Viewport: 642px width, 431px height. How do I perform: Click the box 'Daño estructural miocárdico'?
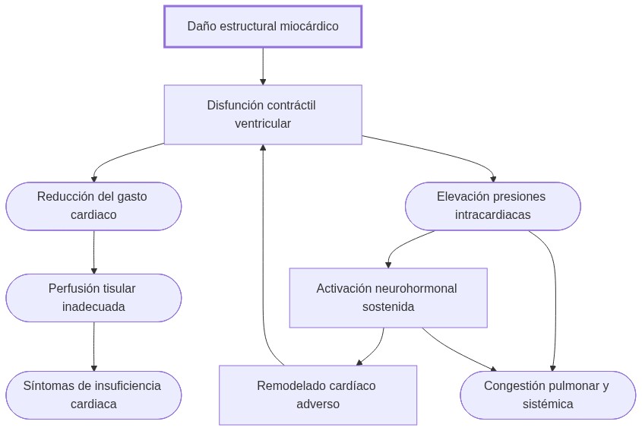[x=263, y=27]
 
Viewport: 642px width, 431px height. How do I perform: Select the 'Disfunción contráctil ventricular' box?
[x=263, y=114]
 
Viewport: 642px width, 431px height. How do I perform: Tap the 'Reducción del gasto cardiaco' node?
[x=93, y=206]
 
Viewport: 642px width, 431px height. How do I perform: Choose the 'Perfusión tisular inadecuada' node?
[x=93, y=298]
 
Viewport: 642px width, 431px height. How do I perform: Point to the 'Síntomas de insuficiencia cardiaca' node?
[x=93, y=395]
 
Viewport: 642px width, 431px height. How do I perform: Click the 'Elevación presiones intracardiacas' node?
[x=492, y=206]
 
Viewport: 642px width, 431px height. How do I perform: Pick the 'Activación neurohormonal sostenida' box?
[x=387, y=298]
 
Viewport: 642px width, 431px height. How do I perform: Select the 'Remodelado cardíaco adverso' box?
[x=318, y=395]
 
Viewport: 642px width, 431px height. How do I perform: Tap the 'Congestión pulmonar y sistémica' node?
[x=547, y=395]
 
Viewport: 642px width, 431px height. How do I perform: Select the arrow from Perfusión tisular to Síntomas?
[x=94, y=347]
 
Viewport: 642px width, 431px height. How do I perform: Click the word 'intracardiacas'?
[x=492, y=215]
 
